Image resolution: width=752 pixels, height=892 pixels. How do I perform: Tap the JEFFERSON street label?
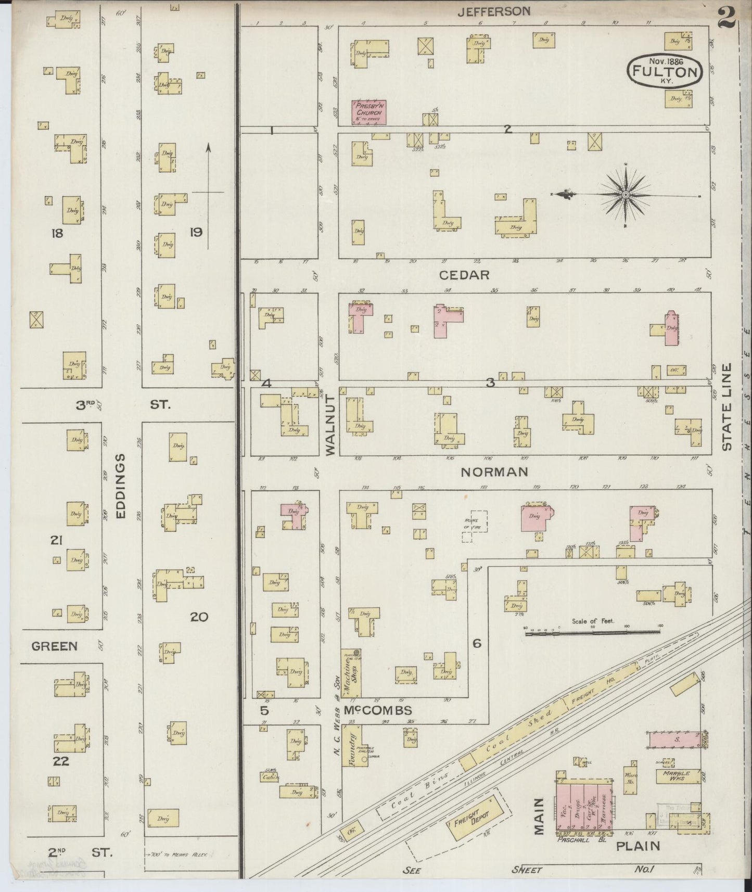[494, 11]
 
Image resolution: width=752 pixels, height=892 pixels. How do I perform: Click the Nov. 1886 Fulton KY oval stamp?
[665, 71]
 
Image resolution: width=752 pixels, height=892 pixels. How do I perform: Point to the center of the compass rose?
[625, 195]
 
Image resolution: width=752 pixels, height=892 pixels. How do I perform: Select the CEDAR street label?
[464, 275]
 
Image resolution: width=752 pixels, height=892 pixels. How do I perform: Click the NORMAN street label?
[494, 472]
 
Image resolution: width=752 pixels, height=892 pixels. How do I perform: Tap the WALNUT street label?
[331, 425]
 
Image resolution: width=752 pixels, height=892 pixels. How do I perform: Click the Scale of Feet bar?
[592, 633]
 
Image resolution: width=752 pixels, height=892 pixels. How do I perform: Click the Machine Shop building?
[351, 674]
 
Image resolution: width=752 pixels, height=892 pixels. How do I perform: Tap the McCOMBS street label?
[378, 710]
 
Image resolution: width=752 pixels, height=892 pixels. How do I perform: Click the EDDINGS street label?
[121, 486]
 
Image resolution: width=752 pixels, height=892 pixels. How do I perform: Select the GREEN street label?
[54, 646]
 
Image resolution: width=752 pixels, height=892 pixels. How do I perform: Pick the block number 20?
[199, 617]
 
